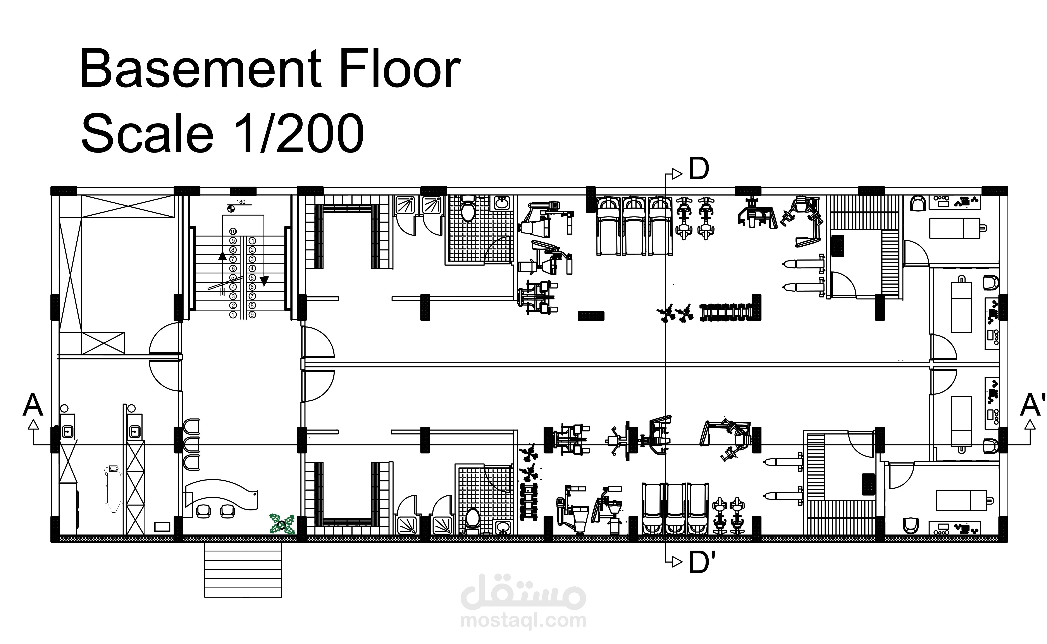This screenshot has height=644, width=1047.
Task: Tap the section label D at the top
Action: pos(699,170)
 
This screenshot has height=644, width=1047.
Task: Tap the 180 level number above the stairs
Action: pos(241,202)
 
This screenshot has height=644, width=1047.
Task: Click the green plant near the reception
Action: pos(282,524)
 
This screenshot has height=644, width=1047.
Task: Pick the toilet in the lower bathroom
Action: pos(472,520)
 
